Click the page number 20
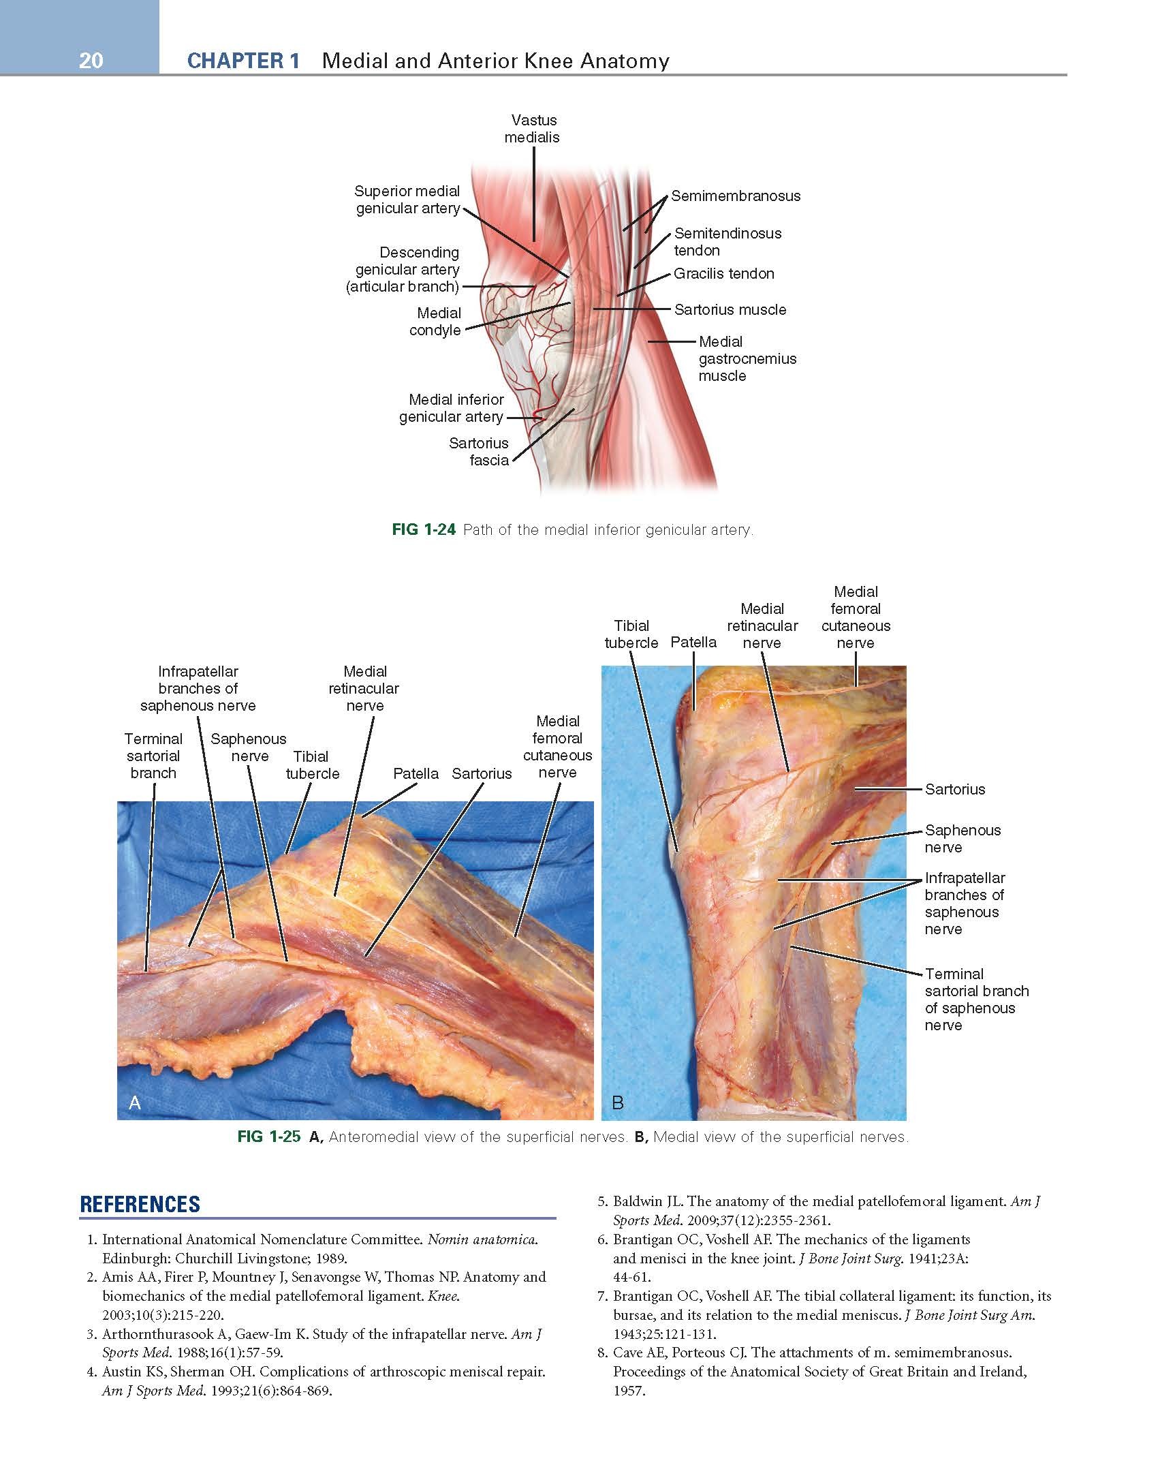tap(91, 61)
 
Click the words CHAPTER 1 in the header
tap(243, 61)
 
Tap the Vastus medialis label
tap(532, 129)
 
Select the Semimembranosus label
tap(736, 196)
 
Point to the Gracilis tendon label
tap(724, 274)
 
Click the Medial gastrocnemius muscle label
tap(747, 359)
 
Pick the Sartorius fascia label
tap(479, 452)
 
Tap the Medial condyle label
tap(435, 322)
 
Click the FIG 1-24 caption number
tap(424, 529)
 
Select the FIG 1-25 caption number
tap(268, 1137)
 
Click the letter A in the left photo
tap(135, 1102)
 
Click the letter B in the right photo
tap(618, 1102)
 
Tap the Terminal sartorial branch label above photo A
tap(153, 756)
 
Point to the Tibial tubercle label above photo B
tap(631, 634)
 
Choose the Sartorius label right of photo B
tap(955, 790)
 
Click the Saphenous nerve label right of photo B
tap(963, 839)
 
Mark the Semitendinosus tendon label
tap(727, 242)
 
